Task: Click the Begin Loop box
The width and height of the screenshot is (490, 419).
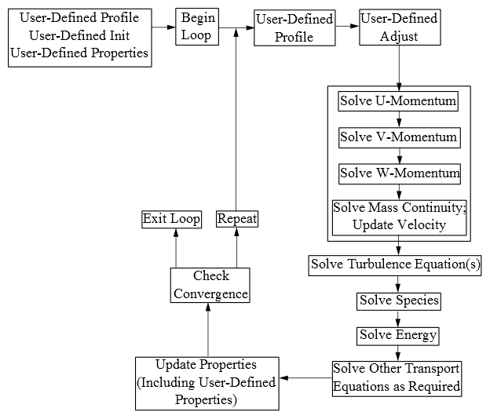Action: [x=197, y=27]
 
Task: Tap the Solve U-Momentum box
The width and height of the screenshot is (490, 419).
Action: [x=398, y=102]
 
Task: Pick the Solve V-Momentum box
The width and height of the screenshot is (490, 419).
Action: [x=398, y=137]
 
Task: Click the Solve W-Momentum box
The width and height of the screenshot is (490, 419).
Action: [x=399, y=173]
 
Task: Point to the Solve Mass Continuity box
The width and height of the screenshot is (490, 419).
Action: [x=399, y=217]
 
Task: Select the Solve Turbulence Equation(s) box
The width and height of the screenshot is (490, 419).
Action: [x=395, y=265]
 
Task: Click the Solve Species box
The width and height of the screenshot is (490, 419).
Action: [x=399, y=301]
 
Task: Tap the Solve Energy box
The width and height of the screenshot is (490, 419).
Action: [x=398, y=336]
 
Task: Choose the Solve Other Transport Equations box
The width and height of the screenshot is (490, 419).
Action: [x=397, y=378]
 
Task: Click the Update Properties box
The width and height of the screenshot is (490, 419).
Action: [x=207, y=383]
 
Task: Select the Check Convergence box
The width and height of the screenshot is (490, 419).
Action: [x=210, y=286]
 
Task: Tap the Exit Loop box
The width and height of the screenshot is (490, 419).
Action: [x=171, y=219]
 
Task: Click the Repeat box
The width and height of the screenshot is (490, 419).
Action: [x=237, y=219]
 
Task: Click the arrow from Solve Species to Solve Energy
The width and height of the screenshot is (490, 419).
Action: [x=398, y=318]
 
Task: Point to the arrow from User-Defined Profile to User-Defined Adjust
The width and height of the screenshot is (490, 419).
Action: [x=346, y=27]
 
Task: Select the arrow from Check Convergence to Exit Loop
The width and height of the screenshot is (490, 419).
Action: [x=176, y=247]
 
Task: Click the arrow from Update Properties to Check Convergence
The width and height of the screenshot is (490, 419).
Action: [x=208, y=330]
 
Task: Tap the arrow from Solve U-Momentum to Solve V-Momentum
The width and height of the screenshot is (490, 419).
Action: [x=399, y=120]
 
